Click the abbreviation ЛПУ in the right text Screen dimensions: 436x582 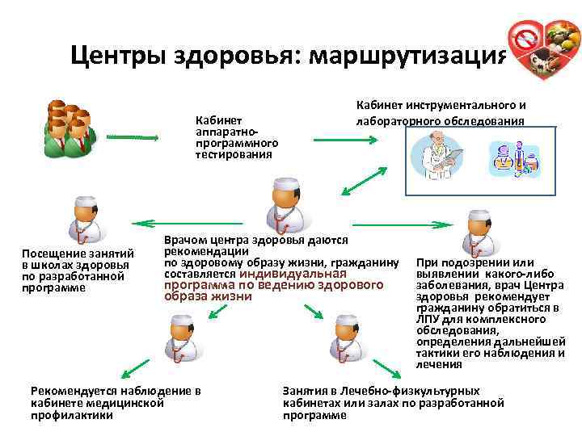point(428,319)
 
